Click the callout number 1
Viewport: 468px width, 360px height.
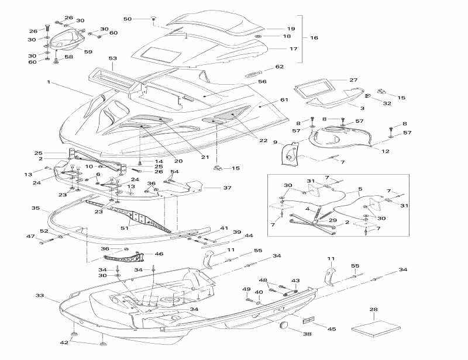(49, 82)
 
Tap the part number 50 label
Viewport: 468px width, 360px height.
(128, 19)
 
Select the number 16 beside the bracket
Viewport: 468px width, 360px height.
(314, 38)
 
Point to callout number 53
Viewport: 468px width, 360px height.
(113, 58)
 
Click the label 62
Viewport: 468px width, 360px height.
(280, 67)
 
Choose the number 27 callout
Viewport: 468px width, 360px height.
(353, 79)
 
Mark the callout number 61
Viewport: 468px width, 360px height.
(284, 100)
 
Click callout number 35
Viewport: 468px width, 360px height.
(36, 208)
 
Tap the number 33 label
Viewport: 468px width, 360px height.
(40, 296)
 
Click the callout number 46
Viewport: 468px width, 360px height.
(159, 254)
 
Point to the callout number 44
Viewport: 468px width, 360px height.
(249, 236)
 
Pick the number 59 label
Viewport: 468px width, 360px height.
(88, 52)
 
